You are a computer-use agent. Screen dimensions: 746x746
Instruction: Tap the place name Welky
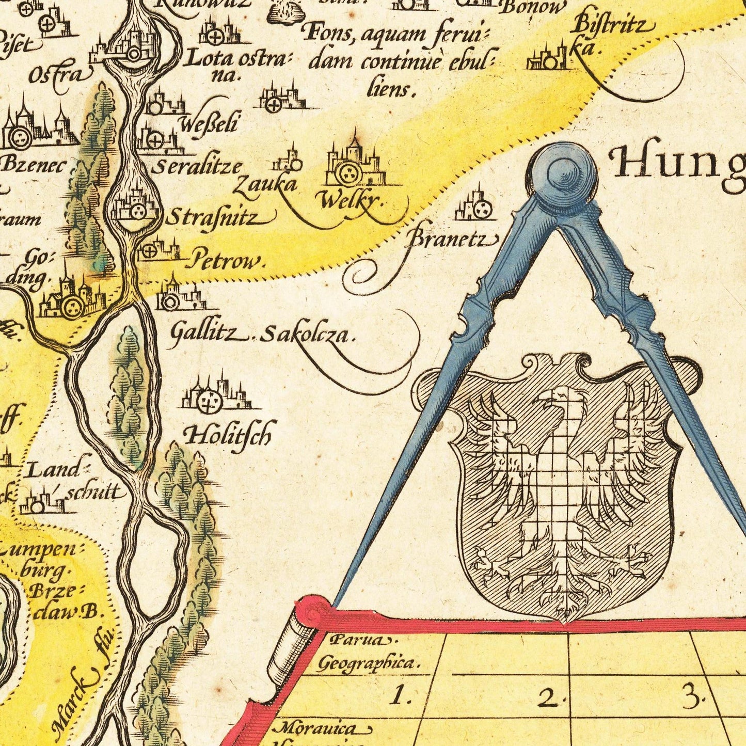353,201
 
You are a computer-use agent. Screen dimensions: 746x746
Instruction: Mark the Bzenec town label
34,165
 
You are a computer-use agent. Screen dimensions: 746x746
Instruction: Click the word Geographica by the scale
368,663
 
